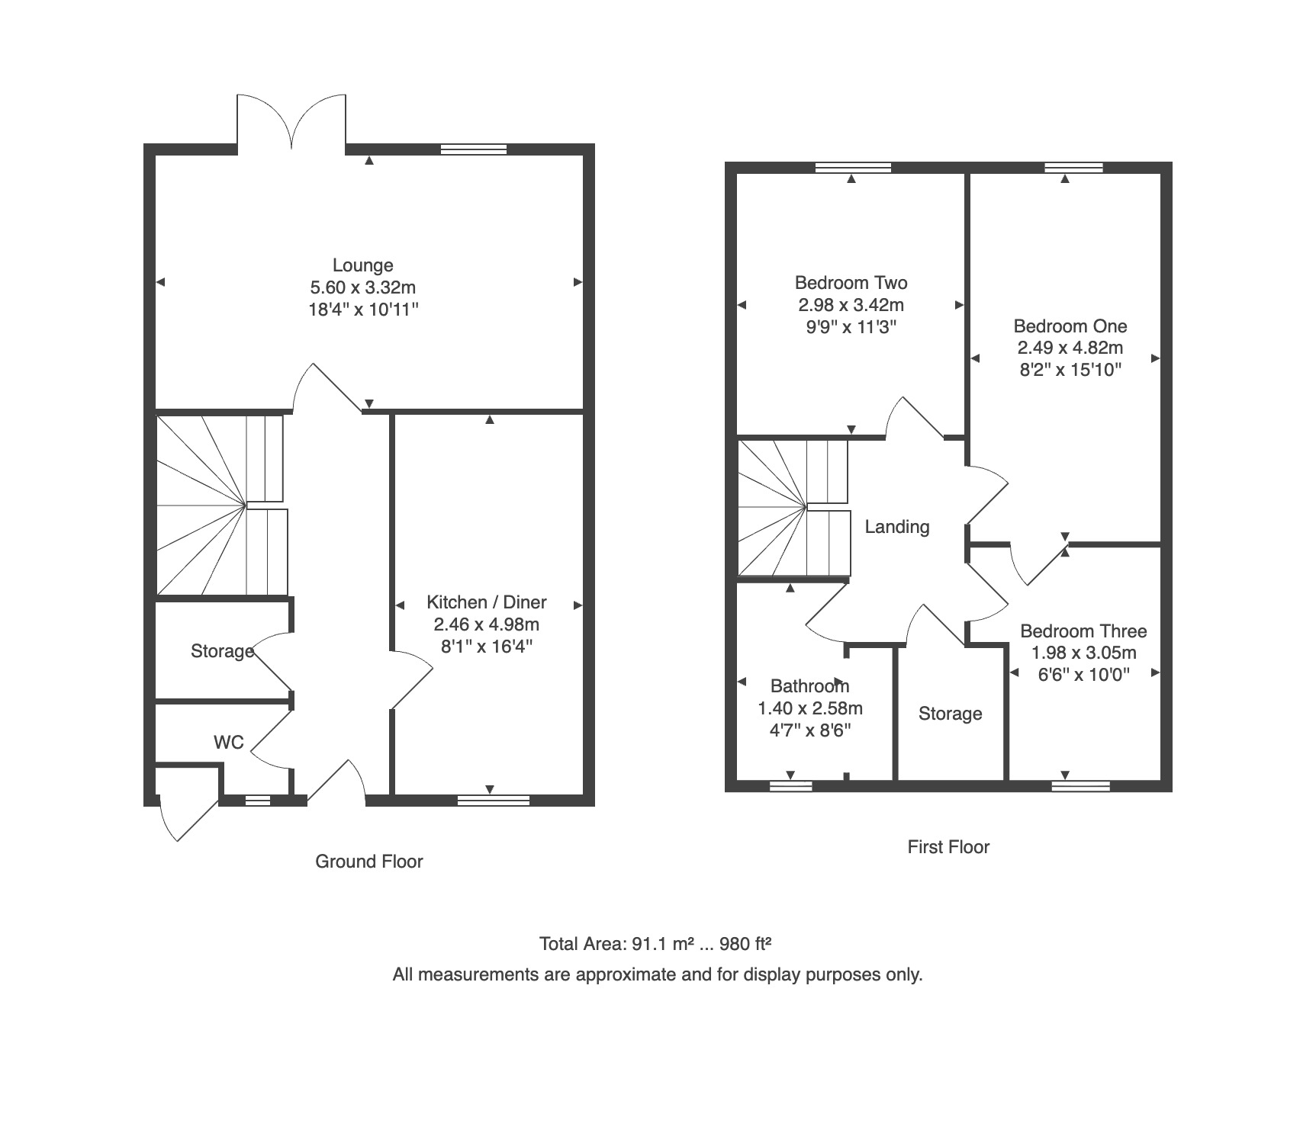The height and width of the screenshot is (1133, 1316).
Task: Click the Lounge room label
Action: coord(363,265)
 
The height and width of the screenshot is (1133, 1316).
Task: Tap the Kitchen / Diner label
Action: coord(487,602)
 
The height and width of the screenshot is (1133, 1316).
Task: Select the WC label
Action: coord(229,742)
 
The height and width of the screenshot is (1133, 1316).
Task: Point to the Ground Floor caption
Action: coord(369,862)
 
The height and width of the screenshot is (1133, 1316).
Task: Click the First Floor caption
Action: coord(948,847)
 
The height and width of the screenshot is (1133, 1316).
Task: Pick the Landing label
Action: coord(897,527)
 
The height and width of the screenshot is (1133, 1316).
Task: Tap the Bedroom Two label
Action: coord(851,283)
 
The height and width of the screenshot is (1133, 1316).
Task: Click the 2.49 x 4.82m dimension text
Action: coord(1070,348)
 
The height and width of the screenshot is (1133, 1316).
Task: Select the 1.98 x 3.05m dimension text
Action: coord(1083,653)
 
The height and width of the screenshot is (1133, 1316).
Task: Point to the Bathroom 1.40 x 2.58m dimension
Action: coord(810,708)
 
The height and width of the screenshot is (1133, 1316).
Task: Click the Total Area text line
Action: coord(655,944)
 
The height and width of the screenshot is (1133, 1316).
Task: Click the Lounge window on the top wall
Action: coord(474,149)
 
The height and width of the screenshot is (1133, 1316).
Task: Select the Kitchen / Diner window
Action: coord(494,800)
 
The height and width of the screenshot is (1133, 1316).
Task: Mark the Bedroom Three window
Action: coord(1081,786)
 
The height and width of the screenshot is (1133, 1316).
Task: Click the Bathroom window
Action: coord(791,786)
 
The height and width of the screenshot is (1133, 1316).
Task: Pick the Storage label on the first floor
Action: coord(951,714)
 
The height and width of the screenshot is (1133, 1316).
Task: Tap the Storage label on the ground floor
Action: coord(223,651)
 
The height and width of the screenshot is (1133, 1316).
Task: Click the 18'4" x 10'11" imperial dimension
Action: coord(363,310)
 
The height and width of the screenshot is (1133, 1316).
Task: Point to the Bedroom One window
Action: coord(1074,168)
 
